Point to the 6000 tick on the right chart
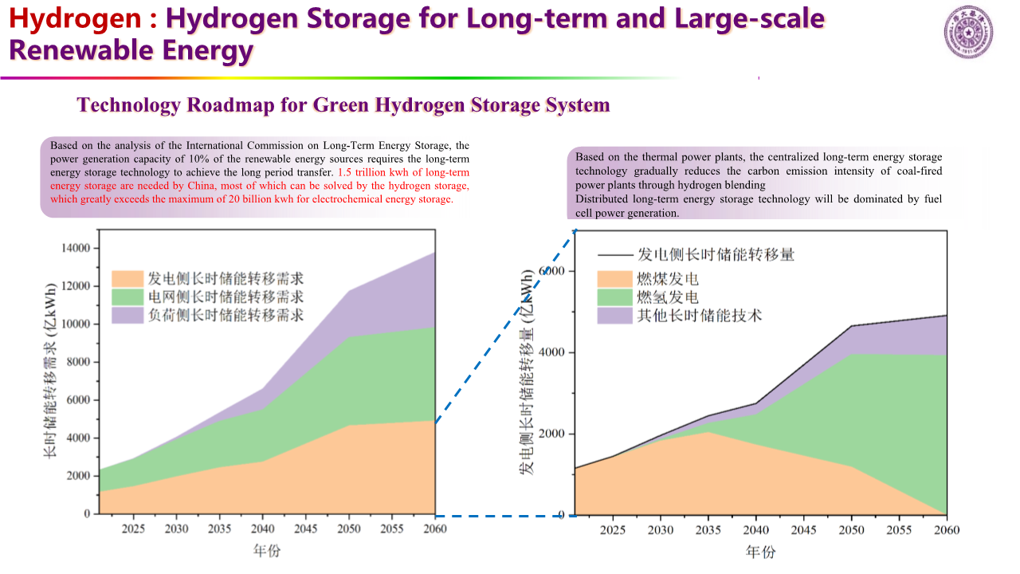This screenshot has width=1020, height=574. click(x=553, y=271)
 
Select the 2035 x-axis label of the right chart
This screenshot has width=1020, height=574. click(x=708, y=530)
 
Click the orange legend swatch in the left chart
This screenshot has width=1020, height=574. click(x=126, y=278)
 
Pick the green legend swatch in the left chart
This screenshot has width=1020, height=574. click(x=126, y=297)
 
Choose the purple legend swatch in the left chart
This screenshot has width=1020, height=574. click(x=126, y=315)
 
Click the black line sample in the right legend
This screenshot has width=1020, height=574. click(x=614, y=255)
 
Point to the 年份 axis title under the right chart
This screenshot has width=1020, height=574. click(x=760, y=552)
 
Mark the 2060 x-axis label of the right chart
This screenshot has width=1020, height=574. click(x=946, y=530)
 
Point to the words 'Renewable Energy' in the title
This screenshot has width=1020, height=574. click(x=131, y=50)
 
